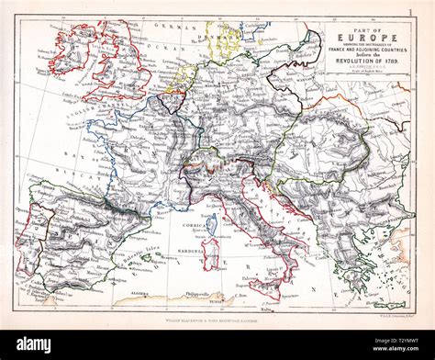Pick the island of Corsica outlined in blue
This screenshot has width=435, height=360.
point(212,224)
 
